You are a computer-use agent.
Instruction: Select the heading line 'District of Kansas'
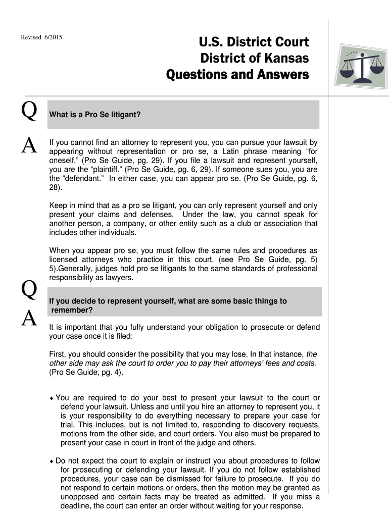(254, 59)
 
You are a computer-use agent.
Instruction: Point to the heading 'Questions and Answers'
(237, 75)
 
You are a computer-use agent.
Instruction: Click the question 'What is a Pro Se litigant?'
(94, 115)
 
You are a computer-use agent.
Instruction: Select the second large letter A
(28, 318)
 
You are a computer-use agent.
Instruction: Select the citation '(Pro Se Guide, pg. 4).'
(86, 373)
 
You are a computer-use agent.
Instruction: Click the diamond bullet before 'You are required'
(52, 398)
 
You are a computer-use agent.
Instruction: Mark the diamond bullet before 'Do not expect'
(52, 461)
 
